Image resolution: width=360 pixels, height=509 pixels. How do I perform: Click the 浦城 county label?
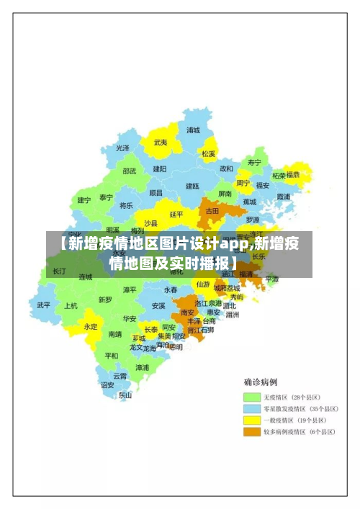(x=193, y=130)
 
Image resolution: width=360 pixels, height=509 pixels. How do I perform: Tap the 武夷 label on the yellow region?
(x=160, y=143)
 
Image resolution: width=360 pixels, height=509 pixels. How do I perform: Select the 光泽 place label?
(x=123, y=148)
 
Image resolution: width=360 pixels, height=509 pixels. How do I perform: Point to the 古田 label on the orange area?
(x=212, y=211)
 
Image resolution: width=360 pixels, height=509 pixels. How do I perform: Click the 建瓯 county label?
(x=192, y=186)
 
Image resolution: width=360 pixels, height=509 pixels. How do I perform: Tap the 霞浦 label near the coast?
(x=283, y=196)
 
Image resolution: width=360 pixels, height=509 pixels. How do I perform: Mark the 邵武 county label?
(x=129, y=171)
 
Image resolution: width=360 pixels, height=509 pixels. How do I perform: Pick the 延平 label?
(x=176, y=214)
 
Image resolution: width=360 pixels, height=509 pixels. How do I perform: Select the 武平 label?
(x=44, y=305)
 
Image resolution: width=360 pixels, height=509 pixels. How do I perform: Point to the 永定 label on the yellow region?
(x=91, y=326)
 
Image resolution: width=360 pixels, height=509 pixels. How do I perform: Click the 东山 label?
(x=125, y=395)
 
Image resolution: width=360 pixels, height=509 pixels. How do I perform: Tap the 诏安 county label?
(x=107, y=385)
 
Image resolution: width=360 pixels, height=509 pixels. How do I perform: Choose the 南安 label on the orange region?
(x=187, y=312)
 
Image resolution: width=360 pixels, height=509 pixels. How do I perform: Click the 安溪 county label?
(x=158, y=305)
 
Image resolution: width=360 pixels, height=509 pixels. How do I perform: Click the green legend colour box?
(x=251, y=397)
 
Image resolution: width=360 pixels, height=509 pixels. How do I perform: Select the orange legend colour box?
(x=251, y=432)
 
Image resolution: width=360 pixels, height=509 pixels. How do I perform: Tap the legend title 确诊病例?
(x=261, y=382)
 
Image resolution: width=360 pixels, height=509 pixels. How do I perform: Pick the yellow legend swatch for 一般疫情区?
(x=251, y=420)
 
